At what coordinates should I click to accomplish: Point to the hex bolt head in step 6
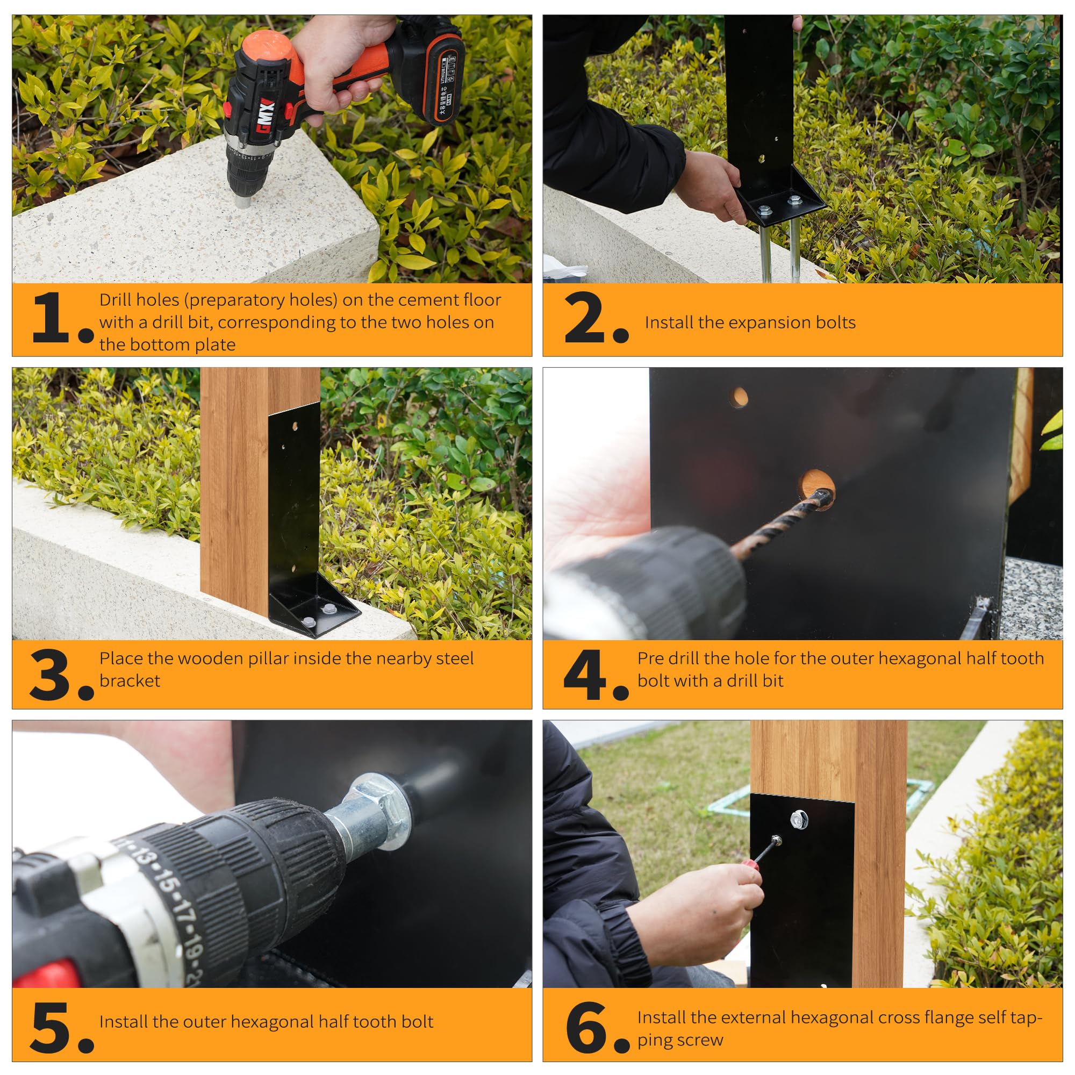pos(799,819)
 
